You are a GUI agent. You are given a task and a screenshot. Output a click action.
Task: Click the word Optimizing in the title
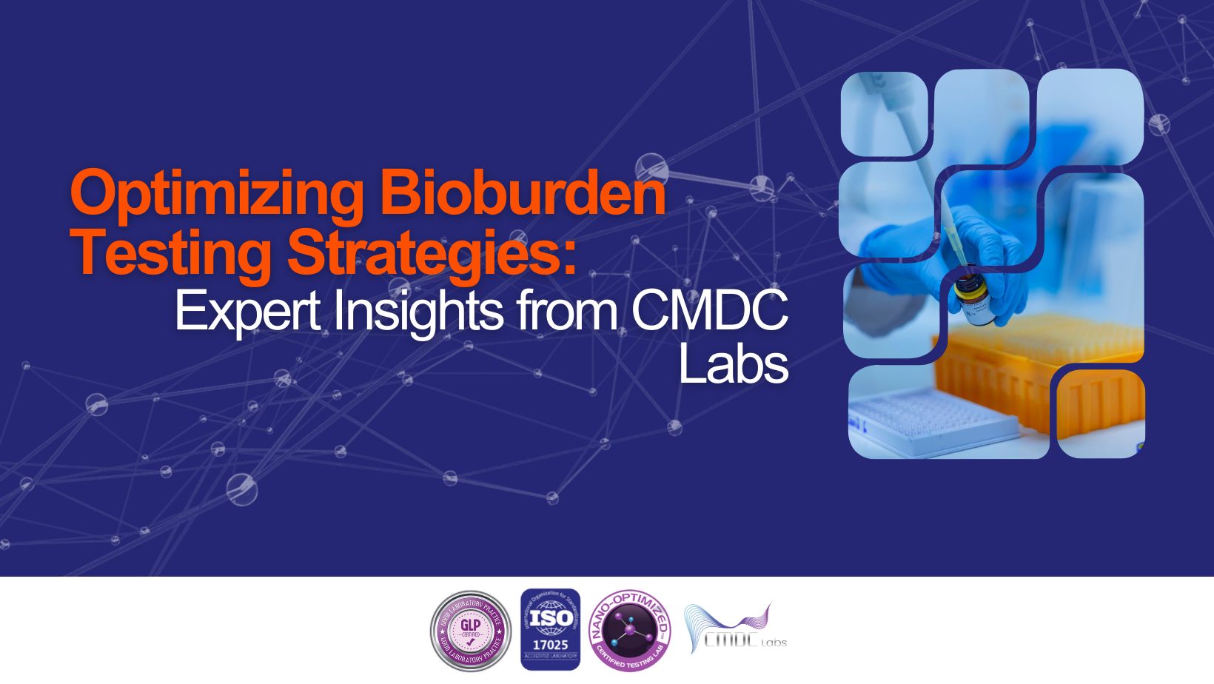tap(217, 194)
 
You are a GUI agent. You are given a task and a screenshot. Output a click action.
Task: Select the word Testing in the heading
tap(171, 253)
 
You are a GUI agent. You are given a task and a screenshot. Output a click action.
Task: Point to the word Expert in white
tap(248, 311)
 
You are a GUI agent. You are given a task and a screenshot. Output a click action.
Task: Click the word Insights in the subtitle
tap(418, 311)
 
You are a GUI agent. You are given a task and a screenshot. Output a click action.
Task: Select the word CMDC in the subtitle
tap(709, 311)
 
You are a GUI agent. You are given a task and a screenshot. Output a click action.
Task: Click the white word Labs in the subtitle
tap(733, 364)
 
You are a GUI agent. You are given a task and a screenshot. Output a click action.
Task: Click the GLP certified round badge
tap(471, 631)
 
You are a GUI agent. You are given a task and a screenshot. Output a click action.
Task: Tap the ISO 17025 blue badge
tap(550, 630)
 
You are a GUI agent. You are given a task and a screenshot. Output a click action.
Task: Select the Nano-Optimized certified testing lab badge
tap(630, 631)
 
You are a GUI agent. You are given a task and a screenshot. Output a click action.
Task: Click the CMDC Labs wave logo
tap(735, 629)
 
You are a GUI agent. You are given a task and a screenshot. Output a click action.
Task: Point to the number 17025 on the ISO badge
tap(550, 645)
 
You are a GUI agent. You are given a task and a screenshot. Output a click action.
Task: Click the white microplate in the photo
tap(933, 422)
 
